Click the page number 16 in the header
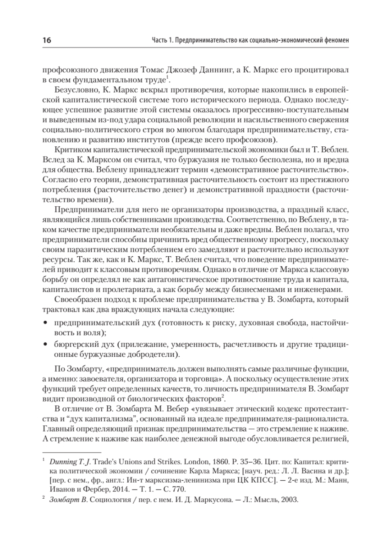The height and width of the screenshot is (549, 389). [47, 40]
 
